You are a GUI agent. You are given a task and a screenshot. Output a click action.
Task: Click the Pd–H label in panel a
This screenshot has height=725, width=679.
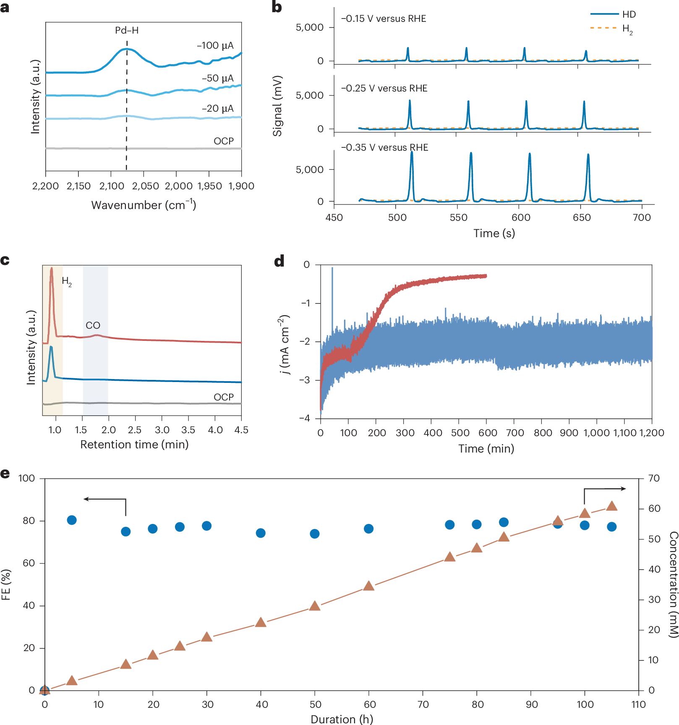(127, 30)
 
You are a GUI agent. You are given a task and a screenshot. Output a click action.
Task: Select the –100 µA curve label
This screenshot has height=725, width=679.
(215, 45)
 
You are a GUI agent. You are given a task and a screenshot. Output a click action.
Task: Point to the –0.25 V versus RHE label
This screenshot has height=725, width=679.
(384, 88)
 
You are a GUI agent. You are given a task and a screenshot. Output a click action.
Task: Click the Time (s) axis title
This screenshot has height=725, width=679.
(494, 233)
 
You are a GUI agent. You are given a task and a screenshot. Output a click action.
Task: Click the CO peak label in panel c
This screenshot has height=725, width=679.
(93, 325)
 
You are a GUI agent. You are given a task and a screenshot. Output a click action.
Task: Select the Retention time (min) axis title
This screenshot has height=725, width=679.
(134, 445)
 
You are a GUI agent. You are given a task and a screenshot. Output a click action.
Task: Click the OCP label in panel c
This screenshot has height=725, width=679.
(224, 397)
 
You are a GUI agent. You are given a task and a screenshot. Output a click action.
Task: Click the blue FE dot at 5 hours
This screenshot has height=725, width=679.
(72, 520)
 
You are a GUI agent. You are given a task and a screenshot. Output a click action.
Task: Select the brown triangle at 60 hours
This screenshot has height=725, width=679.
(368, 586)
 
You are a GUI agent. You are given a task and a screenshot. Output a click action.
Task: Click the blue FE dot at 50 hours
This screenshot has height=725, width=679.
(315, 534)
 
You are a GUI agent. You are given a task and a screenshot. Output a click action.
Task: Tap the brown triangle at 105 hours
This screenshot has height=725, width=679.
(612, 505)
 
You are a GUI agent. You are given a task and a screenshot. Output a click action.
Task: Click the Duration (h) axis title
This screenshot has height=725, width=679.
(342, 719)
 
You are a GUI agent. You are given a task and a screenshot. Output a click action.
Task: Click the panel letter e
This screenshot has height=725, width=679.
(5, 474)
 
